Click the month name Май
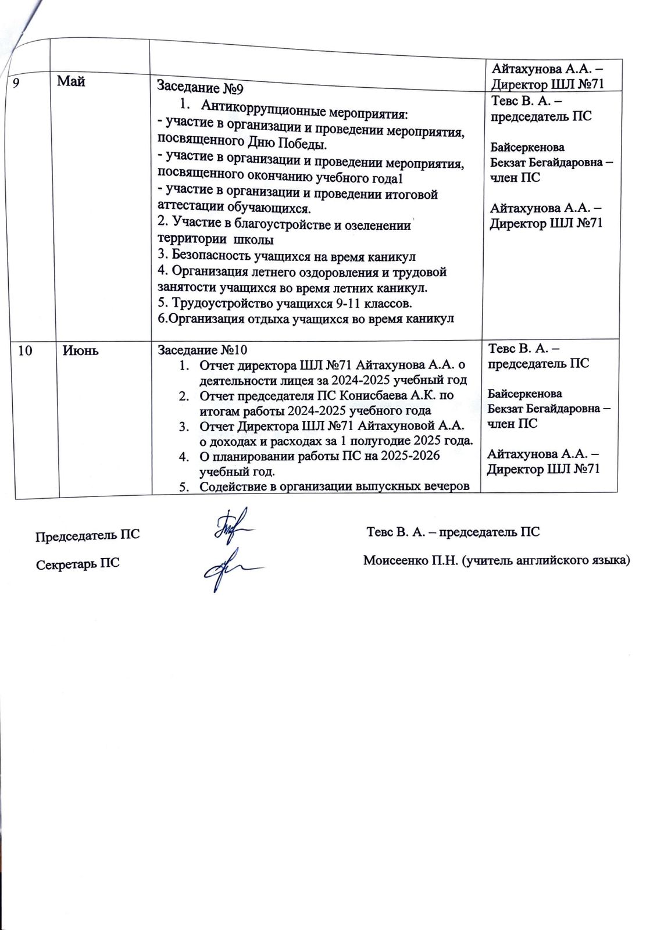click(x=71, y=82)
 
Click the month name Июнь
click(x=80, y=350)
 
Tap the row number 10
click(x=25, y=350)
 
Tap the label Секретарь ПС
click(x=78, y=564)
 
